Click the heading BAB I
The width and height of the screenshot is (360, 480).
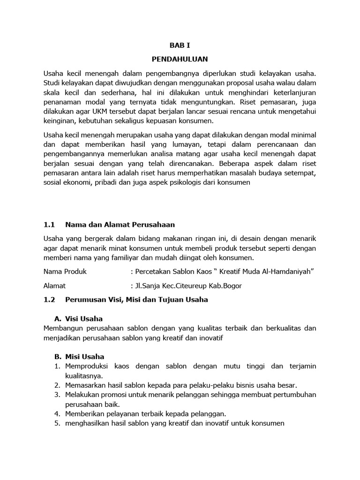click(x=180, y=45)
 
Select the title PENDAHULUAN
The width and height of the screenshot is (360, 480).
click(x=180, y=60)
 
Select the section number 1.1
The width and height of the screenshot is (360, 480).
click(x=49, y=225)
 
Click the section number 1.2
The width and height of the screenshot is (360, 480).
click(x=49, y=299)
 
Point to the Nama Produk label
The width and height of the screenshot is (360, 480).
click(x=65, y=271)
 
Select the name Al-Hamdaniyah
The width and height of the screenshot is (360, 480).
click(x=285, y=271)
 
